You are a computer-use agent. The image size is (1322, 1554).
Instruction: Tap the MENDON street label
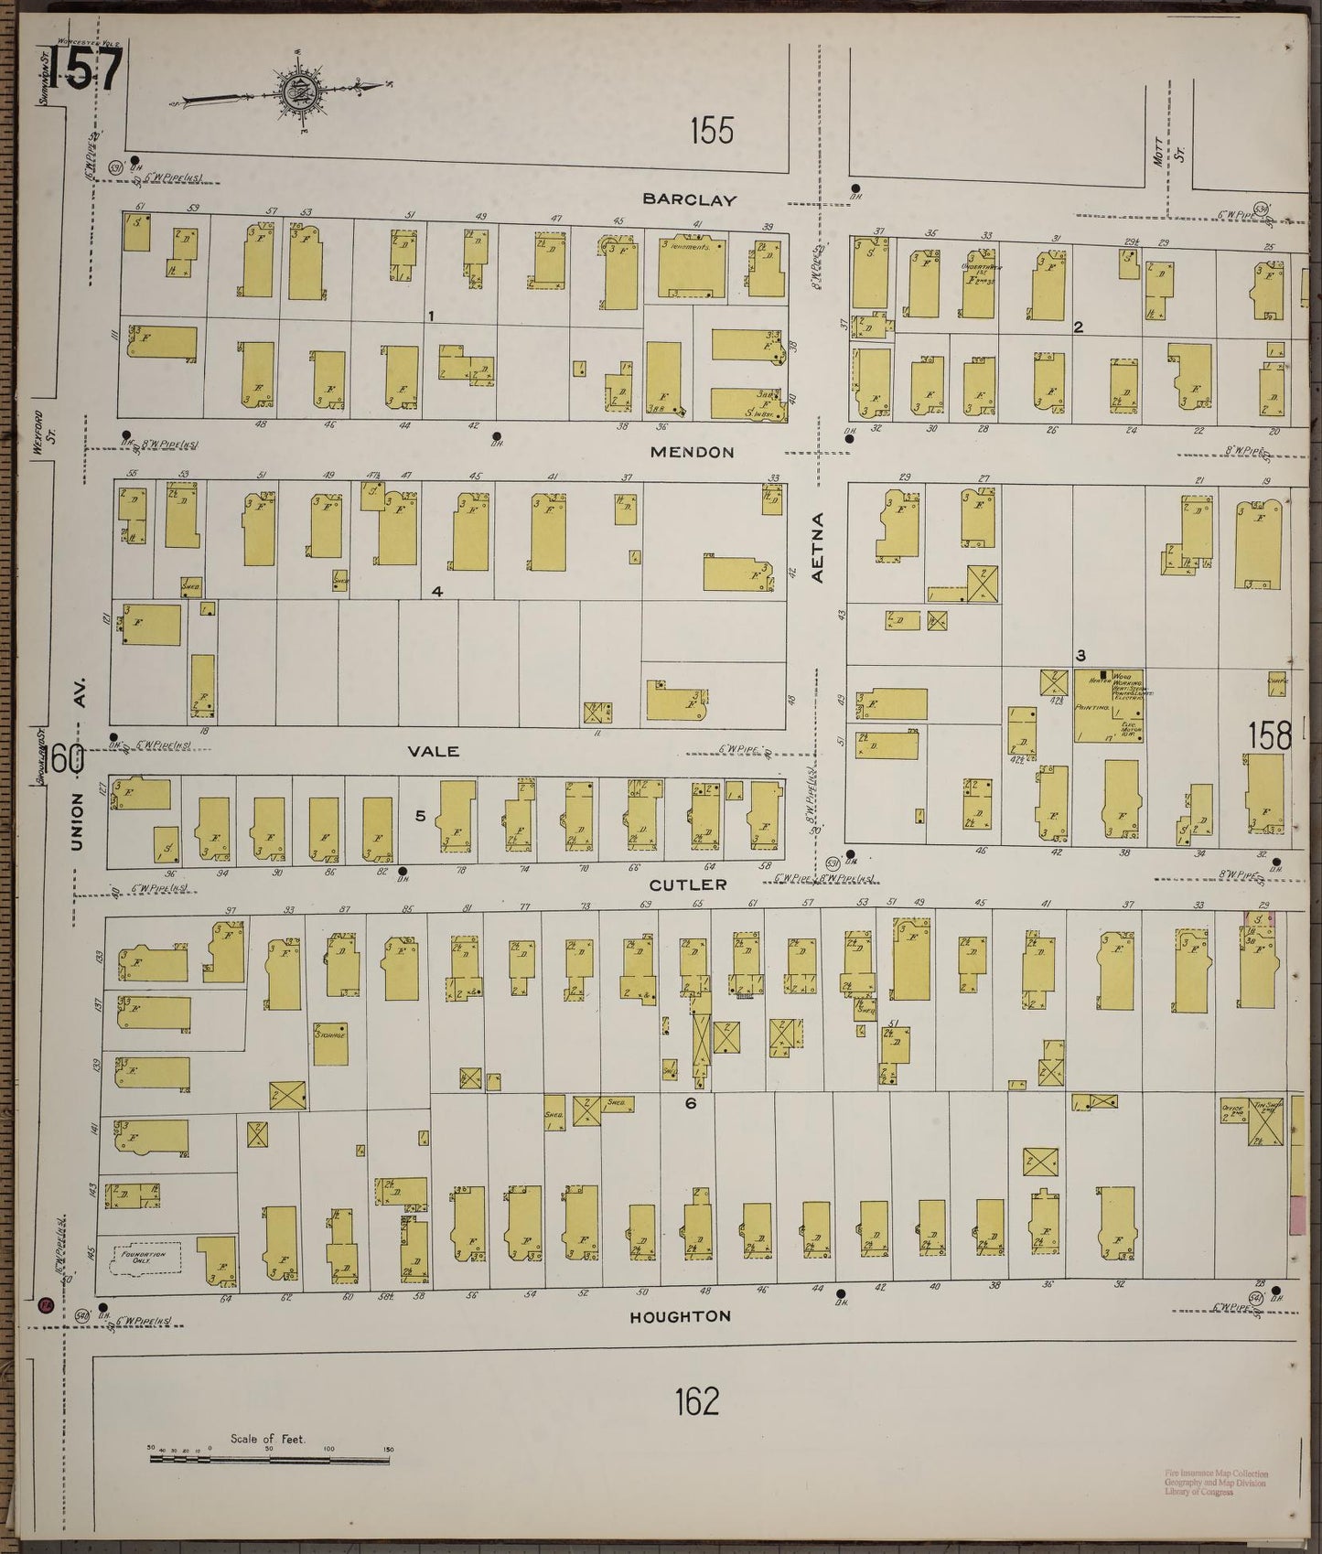click(x=692, y=452)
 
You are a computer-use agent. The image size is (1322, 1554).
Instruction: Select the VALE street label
click(x=433, y=751)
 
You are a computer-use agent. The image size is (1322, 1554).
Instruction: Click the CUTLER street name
click(x=688, y=884)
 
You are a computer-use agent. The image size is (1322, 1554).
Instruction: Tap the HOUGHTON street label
click(x=680, y=1316)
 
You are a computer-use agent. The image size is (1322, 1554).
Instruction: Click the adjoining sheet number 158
click(x=1270, y=734)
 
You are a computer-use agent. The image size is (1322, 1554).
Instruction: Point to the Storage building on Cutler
click(x=330, y=1044)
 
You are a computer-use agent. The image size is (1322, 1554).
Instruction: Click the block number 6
click(x=691, y=1104)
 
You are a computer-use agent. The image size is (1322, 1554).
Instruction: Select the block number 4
click(x=437, y=592)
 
